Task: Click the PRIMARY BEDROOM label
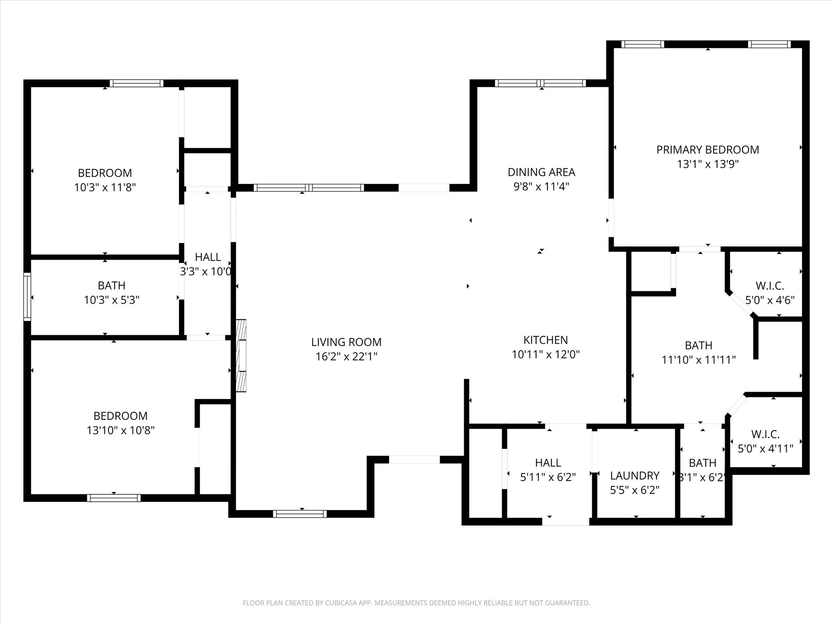pos(708,150)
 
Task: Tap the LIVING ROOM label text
pos(347,342)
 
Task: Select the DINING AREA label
pos(541,172)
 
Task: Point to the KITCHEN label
pos(545,340)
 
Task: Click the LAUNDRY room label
pos(635,476)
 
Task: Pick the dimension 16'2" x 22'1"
pos(347,357)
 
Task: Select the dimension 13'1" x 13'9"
pos(708,164)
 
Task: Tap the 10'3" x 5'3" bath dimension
pos(112,300)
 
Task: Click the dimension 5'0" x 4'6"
pos(770,300)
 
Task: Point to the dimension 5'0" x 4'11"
pos(765,449)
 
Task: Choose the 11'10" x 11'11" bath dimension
pos(699,360)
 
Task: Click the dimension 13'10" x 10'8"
pos(121,430)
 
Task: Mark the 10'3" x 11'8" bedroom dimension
pos(105,188)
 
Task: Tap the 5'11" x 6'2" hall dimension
pos(548,477)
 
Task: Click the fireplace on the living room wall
pos(241,356)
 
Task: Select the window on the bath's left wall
pos(27,297)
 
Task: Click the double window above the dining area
pos(541,83)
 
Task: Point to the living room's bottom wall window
pos(300,513)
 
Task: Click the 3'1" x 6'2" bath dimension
pos(703,477)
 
